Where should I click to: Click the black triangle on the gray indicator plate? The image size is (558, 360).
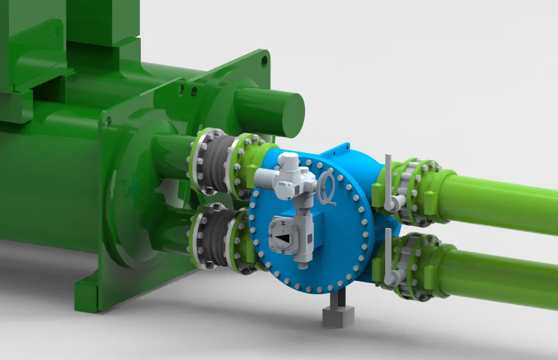[x=283, y=238]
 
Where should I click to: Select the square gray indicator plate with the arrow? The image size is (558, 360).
[x=283, y=238]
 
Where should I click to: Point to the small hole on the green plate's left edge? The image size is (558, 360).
[x=108, y=121]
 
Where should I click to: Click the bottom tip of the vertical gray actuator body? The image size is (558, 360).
[x=302, y=264]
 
